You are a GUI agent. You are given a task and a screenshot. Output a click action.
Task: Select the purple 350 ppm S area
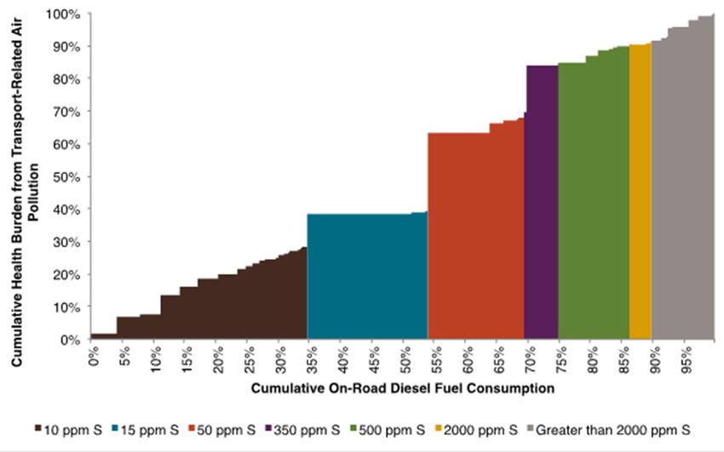(x=542, y=205)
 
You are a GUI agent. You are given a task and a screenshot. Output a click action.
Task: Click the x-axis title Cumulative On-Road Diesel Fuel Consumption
(x=403, y=389)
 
